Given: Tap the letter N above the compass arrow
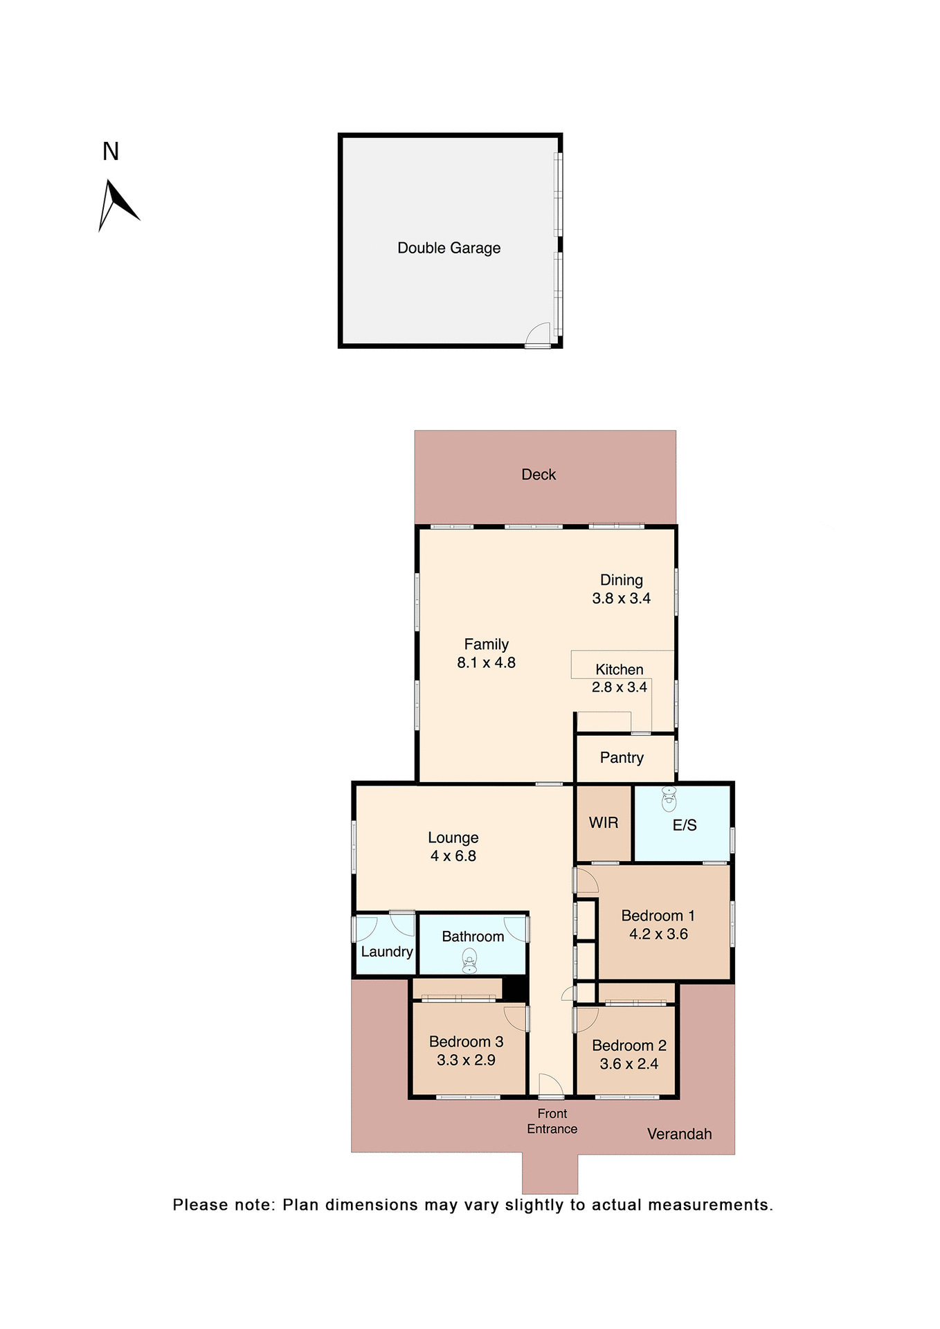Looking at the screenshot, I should click(111, 152).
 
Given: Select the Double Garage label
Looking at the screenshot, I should click(449, 248).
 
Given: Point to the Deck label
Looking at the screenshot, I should click(539, 475).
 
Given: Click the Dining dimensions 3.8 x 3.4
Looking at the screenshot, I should click(621, 599).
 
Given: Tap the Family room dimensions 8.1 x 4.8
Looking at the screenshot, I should click(486, 663).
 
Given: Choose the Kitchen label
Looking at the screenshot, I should click(620, 669).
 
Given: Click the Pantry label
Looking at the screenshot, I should click(622, 758).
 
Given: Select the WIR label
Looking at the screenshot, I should click(604, 823).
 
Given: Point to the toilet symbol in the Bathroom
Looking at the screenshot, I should click(470, 961).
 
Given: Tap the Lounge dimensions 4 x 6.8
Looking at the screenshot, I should click(453, 856).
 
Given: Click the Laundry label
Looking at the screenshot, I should click(386, 952).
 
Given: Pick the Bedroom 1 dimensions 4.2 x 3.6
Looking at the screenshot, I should click(658, 934).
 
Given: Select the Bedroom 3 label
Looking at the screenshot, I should click(466, 1042).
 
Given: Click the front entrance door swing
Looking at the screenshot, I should click(551, 1085).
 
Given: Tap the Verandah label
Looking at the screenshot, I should click(679, 1134).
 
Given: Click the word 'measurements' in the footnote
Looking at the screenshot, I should click(709, 1205).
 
